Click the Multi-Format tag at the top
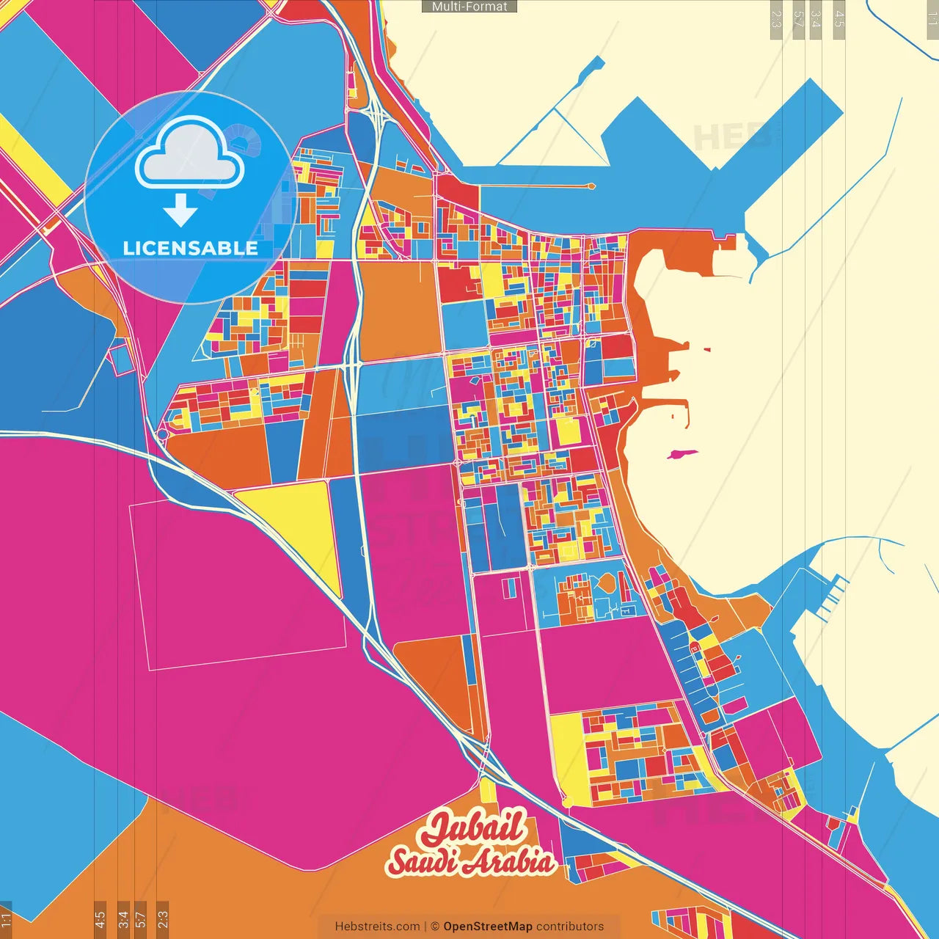click(469, 7)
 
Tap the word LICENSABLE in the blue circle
click(190, 248)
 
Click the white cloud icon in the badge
click(189, 153)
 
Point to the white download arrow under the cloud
click(180, 211)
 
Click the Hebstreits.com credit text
click(377, 927)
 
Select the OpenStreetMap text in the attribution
click(487, 927)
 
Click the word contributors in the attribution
click(570, 927)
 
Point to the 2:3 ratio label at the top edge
click(776, 19)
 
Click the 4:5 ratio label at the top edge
click(839, 19)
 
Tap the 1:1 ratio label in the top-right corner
click(932, 19)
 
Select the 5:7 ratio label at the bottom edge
click(141, 919)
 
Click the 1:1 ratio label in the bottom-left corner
click(7, 919)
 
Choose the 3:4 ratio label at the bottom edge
click(123, 919)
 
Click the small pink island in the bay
click(682, 454)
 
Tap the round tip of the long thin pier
click(591, 186)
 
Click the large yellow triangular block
click(301, 521)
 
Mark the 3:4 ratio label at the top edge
click(814, 19)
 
